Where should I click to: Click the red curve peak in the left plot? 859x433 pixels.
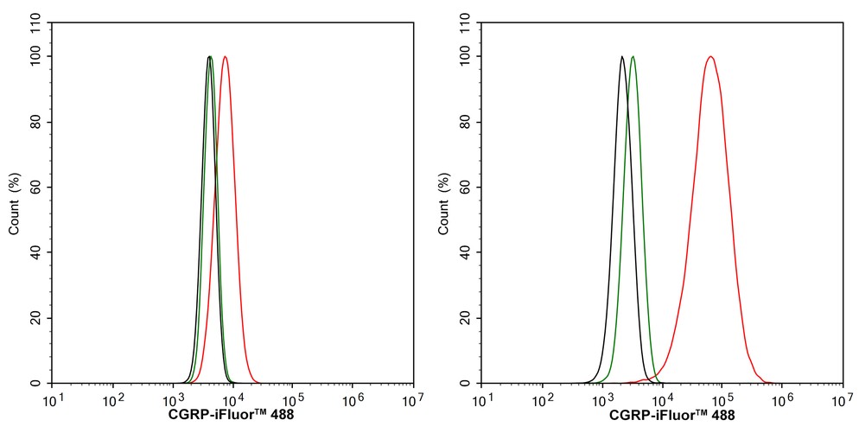(225, 57)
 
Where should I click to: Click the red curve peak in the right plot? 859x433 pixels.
(710, 57)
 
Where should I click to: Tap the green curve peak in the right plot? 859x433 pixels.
(633, 57)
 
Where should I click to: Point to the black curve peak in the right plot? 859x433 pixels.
(621, 57)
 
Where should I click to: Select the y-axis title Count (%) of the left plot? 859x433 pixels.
(14, 204)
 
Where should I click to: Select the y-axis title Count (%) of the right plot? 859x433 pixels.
(443, 204)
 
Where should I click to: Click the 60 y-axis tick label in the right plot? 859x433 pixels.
(468, 188)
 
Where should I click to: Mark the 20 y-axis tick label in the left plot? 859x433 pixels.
(38, 318)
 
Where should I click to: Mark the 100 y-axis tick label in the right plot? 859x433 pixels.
(465, 57)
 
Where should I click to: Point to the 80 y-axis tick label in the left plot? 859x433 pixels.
(38, 122)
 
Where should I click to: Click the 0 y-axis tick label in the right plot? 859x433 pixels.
(471, 383)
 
